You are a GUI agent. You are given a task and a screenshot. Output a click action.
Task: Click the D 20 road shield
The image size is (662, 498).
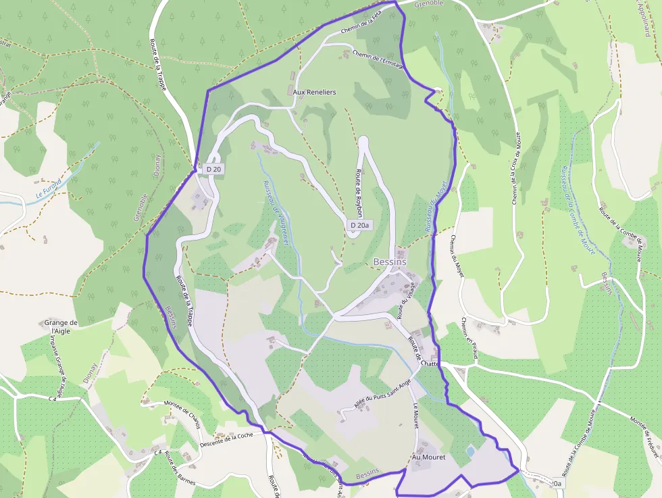coord(213,169)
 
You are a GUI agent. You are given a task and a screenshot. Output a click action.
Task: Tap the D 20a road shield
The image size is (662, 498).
coord(359,225)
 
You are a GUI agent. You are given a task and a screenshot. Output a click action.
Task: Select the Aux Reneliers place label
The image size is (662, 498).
coord(314,91)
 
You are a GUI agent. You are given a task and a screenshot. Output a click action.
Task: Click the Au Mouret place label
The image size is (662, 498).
coord(429,457)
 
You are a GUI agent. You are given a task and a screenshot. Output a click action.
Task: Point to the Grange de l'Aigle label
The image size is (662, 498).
coord(61,327)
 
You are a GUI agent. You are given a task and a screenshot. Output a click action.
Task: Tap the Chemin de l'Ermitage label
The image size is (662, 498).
coord(378,59)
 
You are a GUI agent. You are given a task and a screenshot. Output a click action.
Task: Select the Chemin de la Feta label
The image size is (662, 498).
coord(366,26)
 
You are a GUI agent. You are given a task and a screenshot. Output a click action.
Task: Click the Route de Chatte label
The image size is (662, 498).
coord(422,349)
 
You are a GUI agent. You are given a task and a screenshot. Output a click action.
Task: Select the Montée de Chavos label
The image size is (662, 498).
coord(182,409)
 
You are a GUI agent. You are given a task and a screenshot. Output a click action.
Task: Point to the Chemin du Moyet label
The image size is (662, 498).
coord(453,257)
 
